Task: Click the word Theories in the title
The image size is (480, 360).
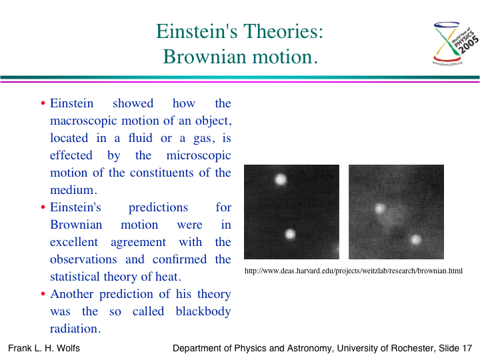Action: click(x=283, y=31)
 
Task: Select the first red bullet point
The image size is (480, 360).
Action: click(x=43, y=103)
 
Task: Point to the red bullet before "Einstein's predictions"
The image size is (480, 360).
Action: click(x=43, y=207)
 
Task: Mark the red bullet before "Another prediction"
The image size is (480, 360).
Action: click(x=43, y=294)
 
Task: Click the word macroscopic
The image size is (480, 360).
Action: click(x=83, y=121)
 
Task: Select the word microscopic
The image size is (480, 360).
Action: click(x=199, y=155)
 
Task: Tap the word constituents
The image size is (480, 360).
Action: click(x=161, y=173)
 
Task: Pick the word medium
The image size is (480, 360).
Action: click(x=73, y=190)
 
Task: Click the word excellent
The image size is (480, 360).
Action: click(x=74, y=242)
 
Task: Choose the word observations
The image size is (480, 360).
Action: click(x=83, y=259)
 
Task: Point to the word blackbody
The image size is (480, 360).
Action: click(x=203, y=311)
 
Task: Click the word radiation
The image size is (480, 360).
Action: click(x=75, y=329)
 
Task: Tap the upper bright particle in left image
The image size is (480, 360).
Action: click(x=281, y=179)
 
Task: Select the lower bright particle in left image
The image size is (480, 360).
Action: click(x=290, y=234)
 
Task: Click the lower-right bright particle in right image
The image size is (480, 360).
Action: click(x=415, y=239)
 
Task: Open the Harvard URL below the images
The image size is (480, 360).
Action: click(x=353, y=271)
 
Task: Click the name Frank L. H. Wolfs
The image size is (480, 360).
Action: click(x=44, y=348)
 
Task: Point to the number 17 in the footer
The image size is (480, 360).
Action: click(x=467, y=348)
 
